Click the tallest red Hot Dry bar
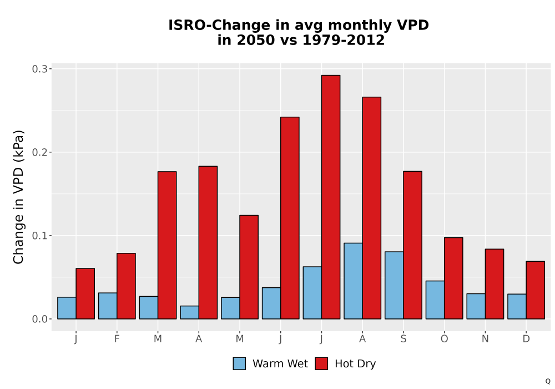pos(331,197)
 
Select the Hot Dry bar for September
pos(412,245)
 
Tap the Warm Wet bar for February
pos(108,306)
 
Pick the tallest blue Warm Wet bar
pos(353,281)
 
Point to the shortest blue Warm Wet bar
pos(189,312)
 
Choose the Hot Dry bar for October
pos(453,278)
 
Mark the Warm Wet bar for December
pos(517,306)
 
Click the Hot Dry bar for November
pos(495,284)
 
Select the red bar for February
pos(126,286)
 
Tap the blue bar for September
pos(394,285)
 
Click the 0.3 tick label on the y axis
pos(39,69)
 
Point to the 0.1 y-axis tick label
pos(39,236)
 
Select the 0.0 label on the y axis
pos(39,319)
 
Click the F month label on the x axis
pos(117,339)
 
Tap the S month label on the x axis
pos(403,339)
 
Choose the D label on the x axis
pos(526,339)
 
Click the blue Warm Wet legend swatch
pos(239,363)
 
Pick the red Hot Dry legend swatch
pos(321,363)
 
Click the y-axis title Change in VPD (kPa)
pos(18,197)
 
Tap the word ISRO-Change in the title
pos(219,25)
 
